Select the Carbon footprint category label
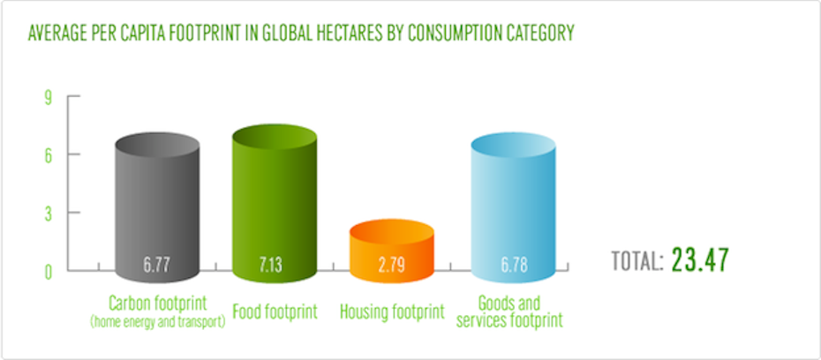(x=157, y=304)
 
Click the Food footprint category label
(x=274, y=311)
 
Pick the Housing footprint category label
(x=391, y=311)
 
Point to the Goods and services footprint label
(x=509, y=311)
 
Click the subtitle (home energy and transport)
(x=157, y=321)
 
